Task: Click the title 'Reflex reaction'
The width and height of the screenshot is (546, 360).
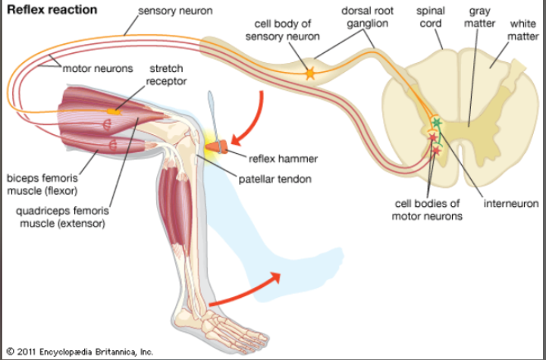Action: tap(52, 10)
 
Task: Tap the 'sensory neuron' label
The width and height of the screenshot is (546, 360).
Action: tap(175, 11)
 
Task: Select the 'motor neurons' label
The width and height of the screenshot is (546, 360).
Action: tap(98, 68)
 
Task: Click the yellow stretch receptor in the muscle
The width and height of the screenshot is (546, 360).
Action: tap(114, 111)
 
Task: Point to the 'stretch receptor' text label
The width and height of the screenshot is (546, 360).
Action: tap(166, 75)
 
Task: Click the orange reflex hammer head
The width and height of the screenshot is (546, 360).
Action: tap(217, 146)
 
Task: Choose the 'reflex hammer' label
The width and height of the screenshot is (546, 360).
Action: tap(283, 159)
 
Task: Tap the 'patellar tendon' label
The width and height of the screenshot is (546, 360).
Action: tap(275, 180)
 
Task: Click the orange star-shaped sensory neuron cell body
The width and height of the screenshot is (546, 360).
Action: tap(309, 74)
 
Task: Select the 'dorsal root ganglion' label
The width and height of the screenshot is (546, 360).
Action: tap(367, 17)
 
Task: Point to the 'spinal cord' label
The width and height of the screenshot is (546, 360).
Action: tap(431, 17)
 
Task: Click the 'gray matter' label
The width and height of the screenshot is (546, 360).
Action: tap(479, 17)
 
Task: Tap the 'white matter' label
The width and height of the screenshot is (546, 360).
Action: tap(523, 30)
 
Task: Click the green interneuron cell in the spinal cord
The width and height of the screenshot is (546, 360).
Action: tap(437, 123)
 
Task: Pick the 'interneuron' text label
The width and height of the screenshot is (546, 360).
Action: tap(511, 204)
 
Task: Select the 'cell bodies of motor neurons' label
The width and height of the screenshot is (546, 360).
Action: tap(427, 210)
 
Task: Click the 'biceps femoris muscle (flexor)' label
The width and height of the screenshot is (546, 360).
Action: tap(42, 184)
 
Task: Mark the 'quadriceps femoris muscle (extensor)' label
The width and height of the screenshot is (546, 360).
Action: tap(62, 217)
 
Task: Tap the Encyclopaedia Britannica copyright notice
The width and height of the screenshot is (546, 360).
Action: tap(80, 352)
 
